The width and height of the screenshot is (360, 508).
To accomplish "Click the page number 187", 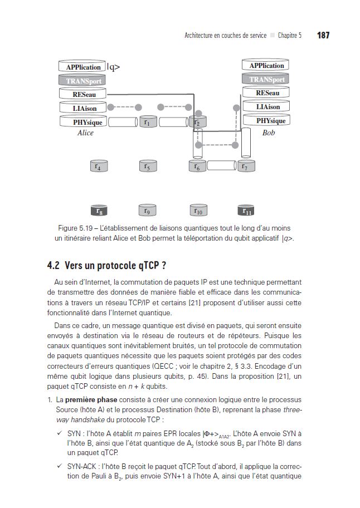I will click(323, 35).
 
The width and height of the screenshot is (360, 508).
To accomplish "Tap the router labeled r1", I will click(147, 121).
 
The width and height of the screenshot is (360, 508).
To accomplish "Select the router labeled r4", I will click(99, 165).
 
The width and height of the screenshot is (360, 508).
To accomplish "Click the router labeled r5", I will click(147, 165).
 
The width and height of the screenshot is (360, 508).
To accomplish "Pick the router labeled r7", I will click(245, 165).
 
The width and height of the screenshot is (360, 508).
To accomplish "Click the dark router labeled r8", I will click(99, 211).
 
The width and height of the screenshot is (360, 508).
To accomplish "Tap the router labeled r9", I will click(147, 211).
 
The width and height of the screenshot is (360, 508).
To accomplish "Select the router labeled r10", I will click(198, 211).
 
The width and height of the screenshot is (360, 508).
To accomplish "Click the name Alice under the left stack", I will click(85, 133).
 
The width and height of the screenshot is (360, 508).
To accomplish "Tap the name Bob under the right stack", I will click(269, 133).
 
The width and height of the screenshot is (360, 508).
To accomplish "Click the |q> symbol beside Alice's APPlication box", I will click(113, 67).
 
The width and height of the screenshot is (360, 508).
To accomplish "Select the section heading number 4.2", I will click(54, 265).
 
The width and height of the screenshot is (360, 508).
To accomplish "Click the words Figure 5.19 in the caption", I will click(77, 228).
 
